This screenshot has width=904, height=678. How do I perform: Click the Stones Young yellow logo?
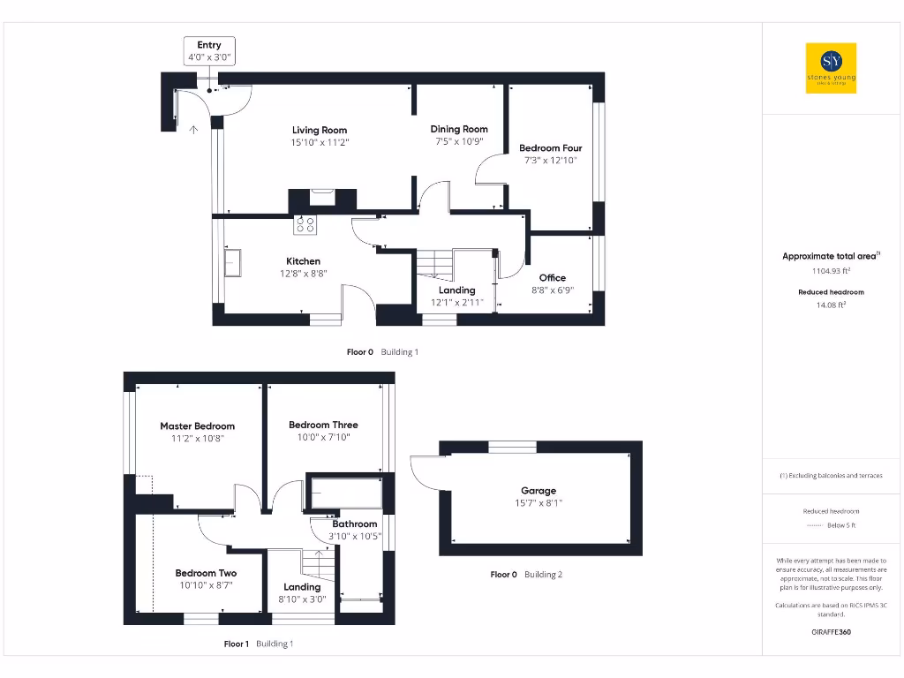point(831,69)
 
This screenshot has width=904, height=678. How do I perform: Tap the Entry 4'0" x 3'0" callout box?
point(209,50)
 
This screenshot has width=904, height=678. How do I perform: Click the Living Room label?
point(320,130)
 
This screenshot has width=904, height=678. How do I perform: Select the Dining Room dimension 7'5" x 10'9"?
point(458,141)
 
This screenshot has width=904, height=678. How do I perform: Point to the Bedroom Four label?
point(550,148)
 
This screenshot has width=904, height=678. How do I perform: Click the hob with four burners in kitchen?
point(305,225)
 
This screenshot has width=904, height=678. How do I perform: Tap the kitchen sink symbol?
point(233,263)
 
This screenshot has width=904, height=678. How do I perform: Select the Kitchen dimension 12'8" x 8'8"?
point(303,274)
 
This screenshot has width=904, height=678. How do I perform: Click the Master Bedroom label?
point(197,426)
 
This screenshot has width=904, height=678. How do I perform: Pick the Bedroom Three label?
point(323,425)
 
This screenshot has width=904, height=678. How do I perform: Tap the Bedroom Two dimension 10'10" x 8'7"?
point(205,584)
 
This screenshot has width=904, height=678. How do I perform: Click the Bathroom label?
point(354,524)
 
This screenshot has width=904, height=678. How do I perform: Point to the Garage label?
point(539,491)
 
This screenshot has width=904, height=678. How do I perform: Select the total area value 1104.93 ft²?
point(830,271)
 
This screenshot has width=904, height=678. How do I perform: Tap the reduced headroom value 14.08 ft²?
point(830,305)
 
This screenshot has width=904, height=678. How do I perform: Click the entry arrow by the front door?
point(193,129)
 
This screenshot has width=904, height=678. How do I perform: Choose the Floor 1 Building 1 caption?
point(258,644)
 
